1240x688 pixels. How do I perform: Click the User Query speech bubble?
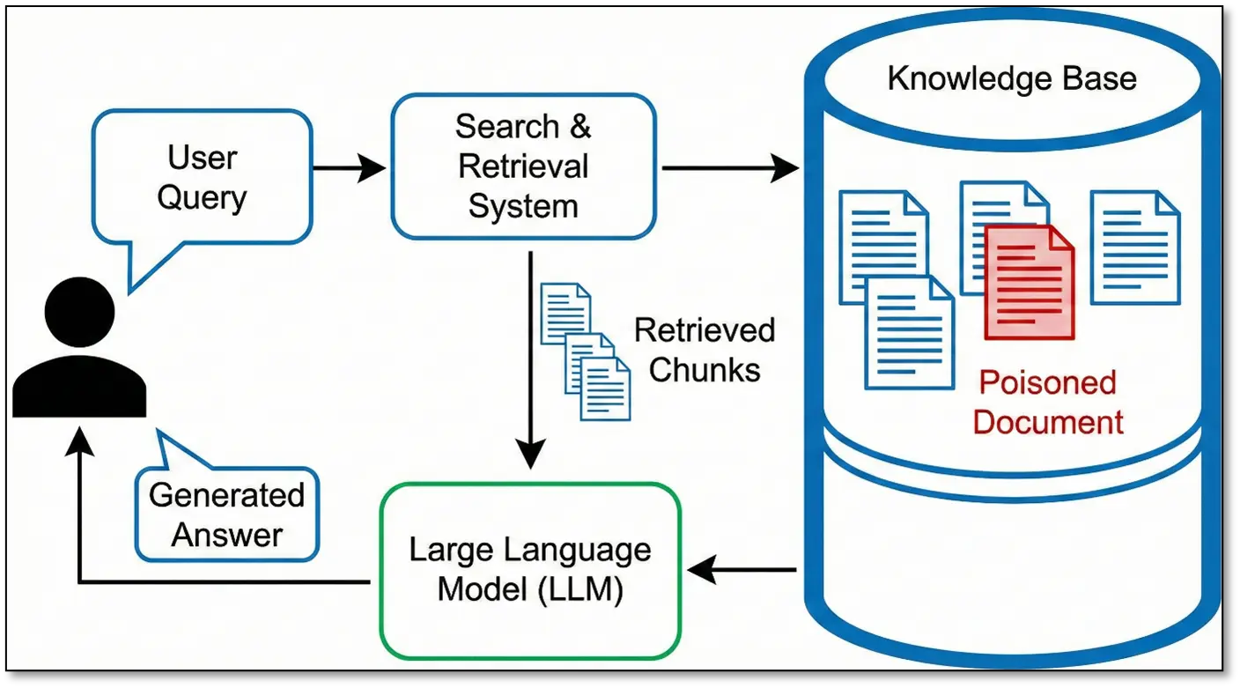(x=202, y=176)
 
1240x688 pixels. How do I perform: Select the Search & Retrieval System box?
(x=523, y=166)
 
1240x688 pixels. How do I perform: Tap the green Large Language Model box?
(x=529, y=569)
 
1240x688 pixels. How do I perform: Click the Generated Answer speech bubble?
(x=226, y=514)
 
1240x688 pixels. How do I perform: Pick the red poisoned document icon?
(x=1029, y=282)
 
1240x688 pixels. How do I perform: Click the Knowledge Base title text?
(x=1012, y=78)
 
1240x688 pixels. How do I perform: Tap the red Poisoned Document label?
(x=1048, y=403)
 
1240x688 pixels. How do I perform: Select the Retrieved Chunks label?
(x=705, y=350)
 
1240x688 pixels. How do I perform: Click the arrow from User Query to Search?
(x=350, y=167)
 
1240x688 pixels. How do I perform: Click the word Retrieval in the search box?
(x=523, y=166)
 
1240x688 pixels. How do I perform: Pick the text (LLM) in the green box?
(x=579, y=589)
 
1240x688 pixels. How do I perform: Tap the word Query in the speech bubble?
(x=202, y=197)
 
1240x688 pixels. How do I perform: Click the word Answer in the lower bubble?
(x=226, y=535)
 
